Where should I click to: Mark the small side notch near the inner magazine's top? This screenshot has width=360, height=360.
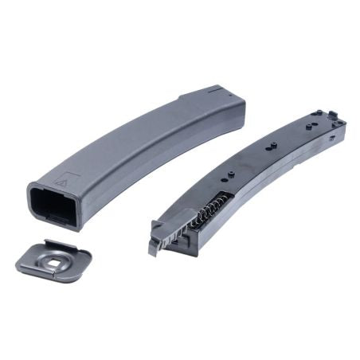coord(329,137)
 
